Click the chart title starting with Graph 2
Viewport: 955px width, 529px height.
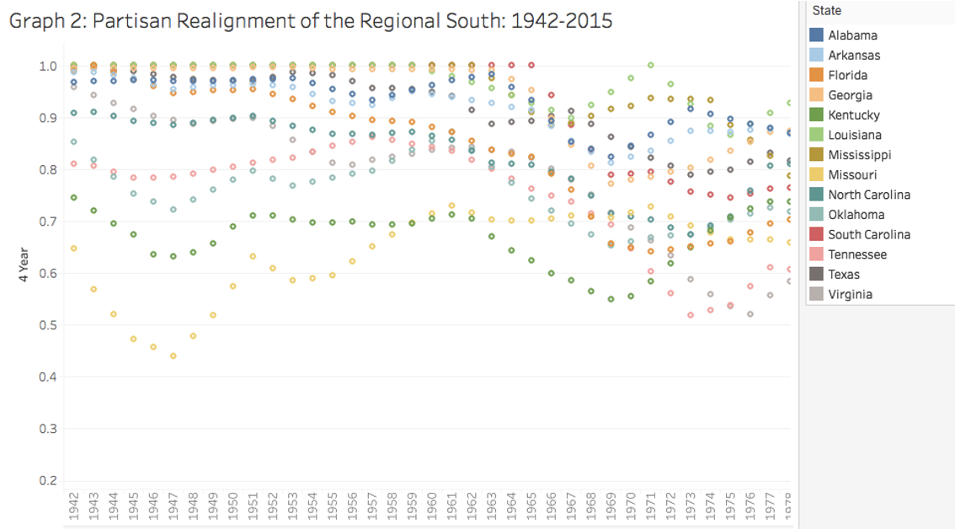point(311,20)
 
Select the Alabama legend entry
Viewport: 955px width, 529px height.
point(852,35)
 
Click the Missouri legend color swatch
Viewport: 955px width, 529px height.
point(816,175)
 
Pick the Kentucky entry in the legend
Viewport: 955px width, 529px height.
point(853,115)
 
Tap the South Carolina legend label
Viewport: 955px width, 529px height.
point(869,235)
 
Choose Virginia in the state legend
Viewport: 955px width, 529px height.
point(850,295)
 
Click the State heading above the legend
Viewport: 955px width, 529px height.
point(827,11)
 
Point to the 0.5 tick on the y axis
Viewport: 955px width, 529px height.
point(48,325)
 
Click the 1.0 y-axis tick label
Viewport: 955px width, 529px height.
point(48,67)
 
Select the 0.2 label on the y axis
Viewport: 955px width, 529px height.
point(48,481)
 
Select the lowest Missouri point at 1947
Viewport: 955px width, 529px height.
point(173,356)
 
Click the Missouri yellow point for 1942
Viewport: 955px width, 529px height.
point(74,248)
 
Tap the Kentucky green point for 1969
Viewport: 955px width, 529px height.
point(611,299)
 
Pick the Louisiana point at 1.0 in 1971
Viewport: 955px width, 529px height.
point(650,65)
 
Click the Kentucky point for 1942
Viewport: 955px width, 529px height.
point(74,198)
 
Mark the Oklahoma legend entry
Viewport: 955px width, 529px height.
point(855,215)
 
